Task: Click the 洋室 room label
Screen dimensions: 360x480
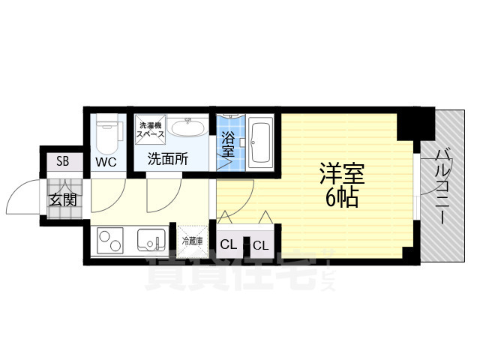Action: point(343,175)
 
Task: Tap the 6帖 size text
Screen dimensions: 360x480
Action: point(341,199)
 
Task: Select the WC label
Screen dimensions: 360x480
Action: point(104,161)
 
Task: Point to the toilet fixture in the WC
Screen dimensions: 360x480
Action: point(105,133)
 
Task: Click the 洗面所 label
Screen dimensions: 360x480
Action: point(167,159)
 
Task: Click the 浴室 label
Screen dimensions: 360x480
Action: point(228,143)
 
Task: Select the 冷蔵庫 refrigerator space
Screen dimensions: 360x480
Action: point(192,241)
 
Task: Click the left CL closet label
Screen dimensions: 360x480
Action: point(229,244)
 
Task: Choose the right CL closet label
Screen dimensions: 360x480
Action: point(261,244)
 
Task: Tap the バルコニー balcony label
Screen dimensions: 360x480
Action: point(443,183)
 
